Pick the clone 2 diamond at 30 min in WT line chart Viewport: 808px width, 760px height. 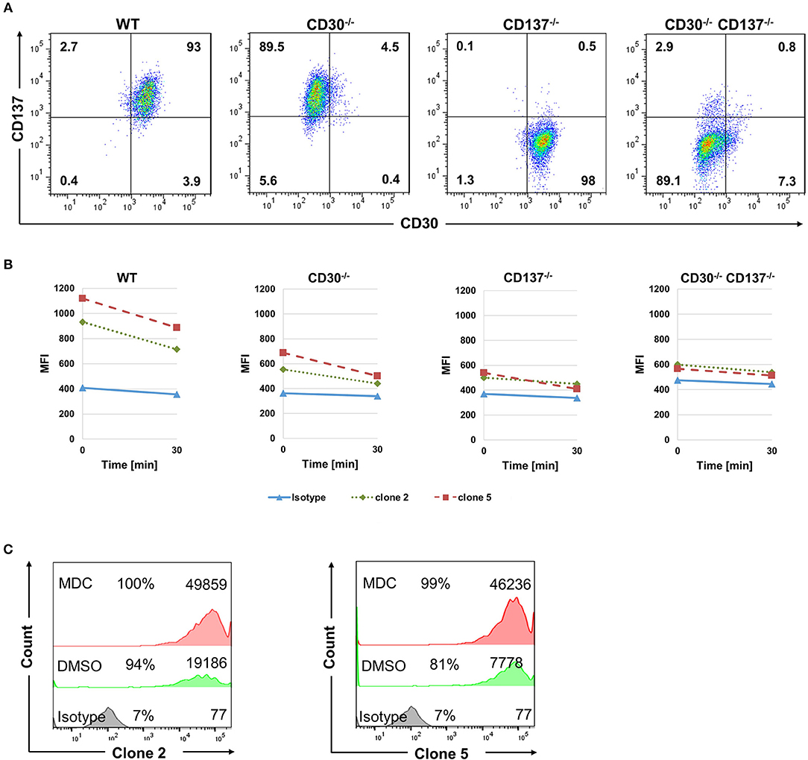click(x=177, y=350)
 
